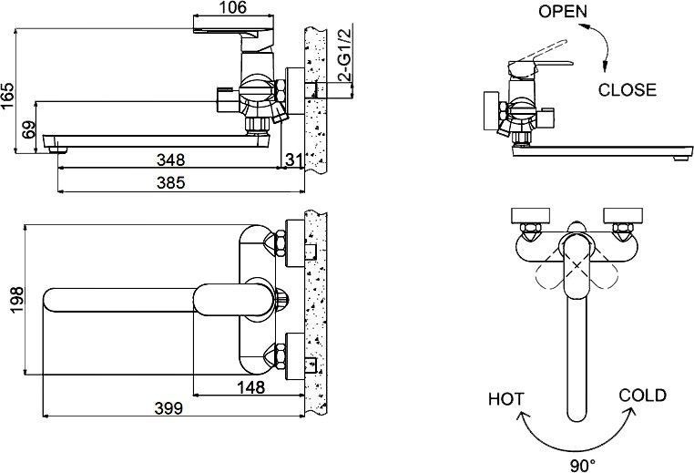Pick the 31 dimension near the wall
(x=292, y=161)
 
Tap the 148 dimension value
(x=248, y=387)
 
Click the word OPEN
(x=563, y=12)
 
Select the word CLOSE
(x=627, y=89)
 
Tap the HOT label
(x=506, y=398)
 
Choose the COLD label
(x=642, y=396)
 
